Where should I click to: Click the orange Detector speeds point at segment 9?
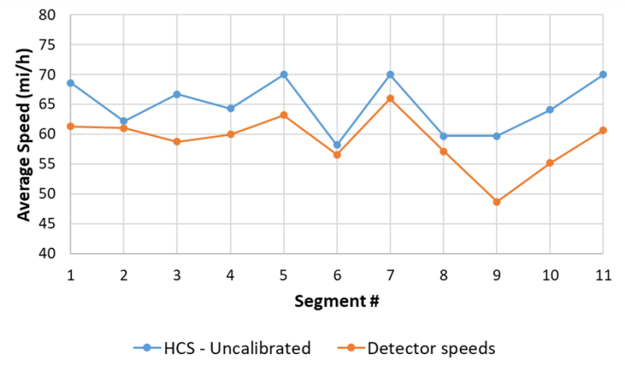(x=496, y=202)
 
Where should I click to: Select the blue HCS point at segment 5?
(x=284, y=74)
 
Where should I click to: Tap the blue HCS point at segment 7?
(x=390, y=74)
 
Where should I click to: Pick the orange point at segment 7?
(x=390, y=98)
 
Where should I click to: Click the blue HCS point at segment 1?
(x=70, y=83)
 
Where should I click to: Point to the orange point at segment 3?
(x=177, y=141)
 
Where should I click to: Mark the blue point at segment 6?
(x=337, y=145)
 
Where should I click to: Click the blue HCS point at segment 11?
(x=602, y=74)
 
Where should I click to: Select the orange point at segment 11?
(x=602, y=131)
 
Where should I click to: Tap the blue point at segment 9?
(x=496, y=136)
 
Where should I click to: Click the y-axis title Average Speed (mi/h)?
(x=23, y=134)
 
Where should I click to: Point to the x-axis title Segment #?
(x=336, y=301)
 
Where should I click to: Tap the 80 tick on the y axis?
(x=48, y=15)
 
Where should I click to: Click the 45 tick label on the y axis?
(x=48, y=224)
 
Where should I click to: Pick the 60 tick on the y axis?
(x=48, y=134)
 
